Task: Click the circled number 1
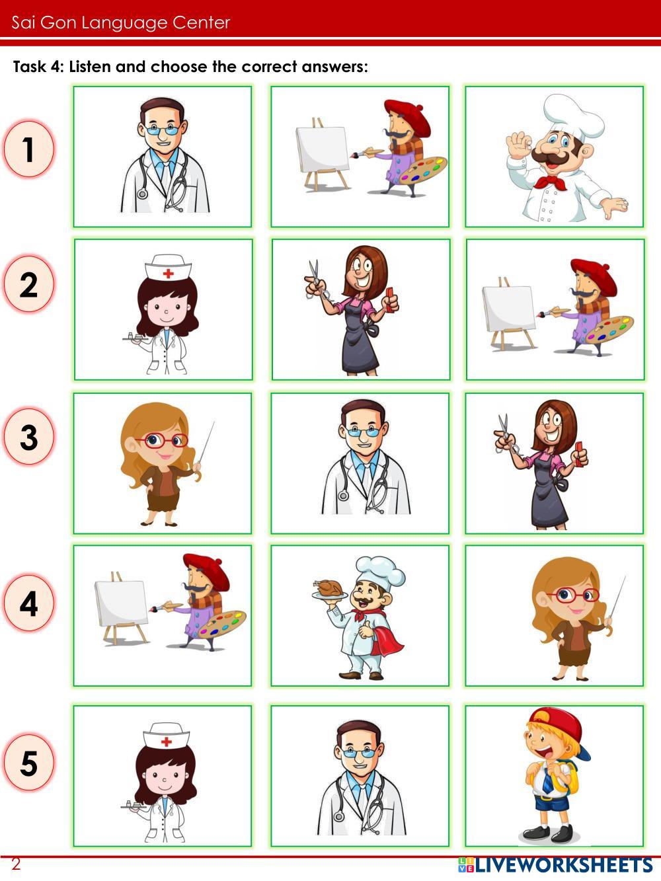tap(28, 149)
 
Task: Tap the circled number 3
tap(28, 437)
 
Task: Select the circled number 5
tap(28, 763)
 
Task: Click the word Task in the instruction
tap(30, 67)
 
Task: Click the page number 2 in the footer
tap(16, 863)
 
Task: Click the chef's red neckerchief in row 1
tap(549, 182)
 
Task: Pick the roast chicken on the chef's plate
tap(329, 588)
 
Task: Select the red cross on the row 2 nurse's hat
tap(168, 274)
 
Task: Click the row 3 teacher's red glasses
tap(163, 440)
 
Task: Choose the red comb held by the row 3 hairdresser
tap(578, 453)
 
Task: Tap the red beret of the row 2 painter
tap(594, 276)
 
